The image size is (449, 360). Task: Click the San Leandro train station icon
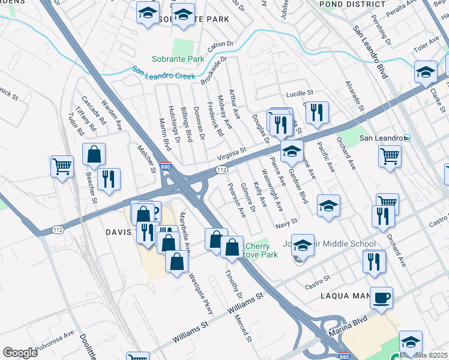tap(406, 138)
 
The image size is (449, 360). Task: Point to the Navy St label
tap(287, 223)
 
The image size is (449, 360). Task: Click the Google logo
tap(20, 353)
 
